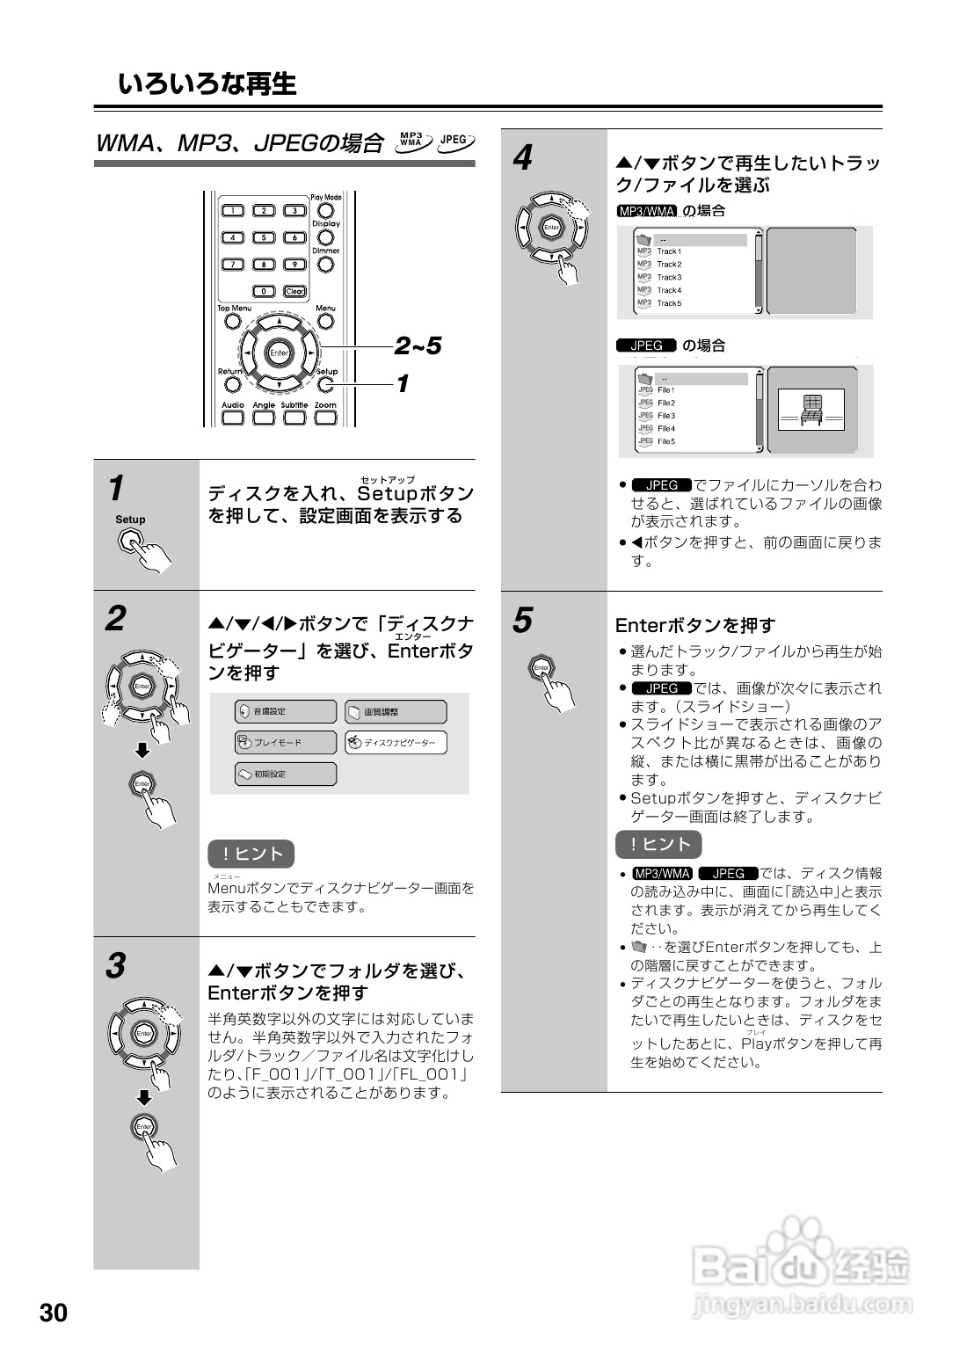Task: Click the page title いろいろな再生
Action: pos(207,84)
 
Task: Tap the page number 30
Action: pos(53,1313)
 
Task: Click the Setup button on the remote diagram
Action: pos(326,384)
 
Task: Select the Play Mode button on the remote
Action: pos(325,211)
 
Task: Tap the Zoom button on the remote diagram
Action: pos(325,418)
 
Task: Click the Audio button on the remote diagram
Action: pos(233,418)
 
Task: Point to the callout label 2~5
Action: pos(418,346)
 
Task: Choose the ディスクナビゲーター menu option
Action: pos(396,743)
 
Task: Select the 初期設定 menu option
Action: pos(286,775)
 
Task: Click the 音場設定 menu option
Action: pos(286,711)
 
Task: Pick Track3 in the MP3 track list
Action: pos(669,277)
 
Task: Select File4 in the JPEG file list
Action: pos(666,428)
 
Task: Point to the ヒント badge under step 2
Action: pos(251,854)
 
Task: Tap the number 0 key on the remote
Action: pos(264,291)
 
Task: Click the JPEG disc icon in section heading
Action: pos(455,140)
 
